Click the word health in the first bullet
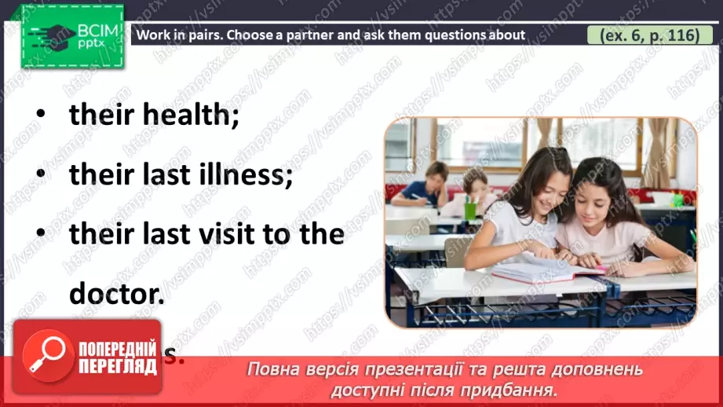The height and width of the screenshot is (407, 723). [x=192, y=115]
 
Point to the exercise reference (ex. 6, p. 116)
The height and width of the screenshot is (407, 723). [x=643, y=35]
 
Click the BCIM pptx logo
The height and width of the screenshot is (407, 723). [x=71, y=35]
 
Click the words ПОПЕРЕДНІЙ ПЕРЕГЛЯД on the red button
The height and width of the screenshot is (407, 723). [x=119, y=356]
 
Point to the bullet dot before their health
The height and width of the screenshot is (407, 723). [x=38, y=115]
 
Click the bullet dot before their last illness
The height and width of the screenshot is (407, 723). [x=38, y=175]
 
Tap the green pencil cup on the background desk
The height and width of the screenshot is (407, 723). [x=470, y=210]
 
